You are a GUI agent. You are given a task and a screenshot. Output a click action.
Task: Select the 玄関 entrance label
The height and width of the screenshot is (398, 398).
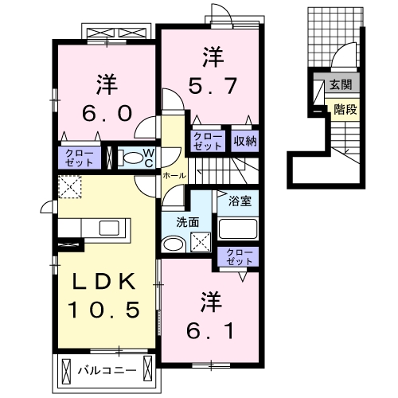(x=340, y=85)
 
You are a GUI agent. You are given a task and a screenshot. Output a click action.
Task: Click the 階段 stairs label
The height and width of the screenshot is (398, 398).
(x=344, y=110)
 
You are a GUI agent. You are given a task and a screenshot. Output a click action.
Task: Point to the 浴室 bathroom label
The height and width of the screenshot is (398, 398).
(x=240, y=201)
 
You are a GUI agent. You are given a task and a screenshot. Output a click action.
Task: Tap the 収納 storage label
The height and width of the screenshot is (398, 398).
(x=245, y=142)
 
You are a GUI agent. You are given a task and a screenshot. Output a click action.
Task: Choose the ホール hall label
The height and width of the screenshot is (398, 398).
(x=174, y=175)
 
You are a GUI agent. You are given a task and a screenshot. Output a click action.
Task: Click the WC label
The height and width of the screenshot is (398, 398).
(x=148, y=157)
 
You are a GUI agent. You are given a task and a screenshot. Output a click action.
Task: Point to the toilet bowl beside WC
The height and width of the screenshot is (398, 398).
(x=128, y=158)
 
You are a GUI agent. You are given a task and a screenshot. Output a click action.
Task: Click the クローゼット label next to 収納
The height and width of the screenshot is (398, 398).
(x=207, y=142)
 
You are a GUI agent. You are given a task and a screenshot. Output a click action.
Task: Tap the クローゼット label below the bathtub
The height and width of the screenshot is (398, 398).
(x=238, y=256)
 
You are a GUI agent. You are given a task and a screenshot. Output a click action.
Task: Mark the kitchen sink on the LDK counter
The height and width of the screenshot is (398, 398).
(x=109, y=228)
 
